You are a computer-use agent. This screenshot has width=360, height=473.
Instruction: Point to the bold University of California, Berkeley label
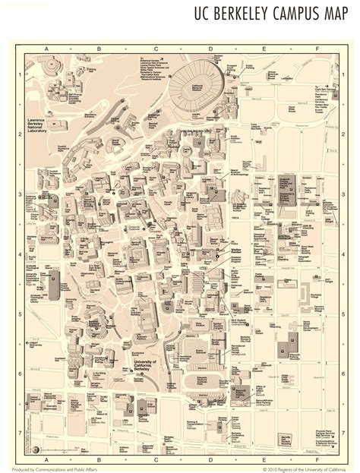pyautogui.click(x=144, y=365)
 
